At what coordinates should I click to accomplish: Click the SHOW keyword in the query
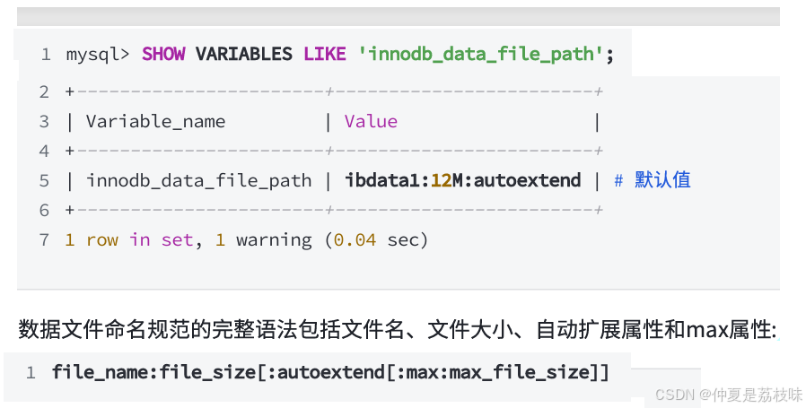(x=163, y=55)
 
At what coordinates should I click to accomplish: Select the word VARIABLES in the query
(x=244, y=55)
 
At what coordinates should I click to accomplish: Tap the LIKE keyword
(x=324, y=55)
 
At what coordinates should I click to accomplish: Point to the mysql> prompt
(x=98, y=55)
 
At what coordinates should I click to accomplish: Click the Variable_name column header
(x=155, y=121)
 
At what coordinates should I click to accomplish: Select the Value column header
(x=371, y=121)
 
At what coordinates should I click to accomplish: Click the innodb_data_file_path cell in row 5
(x=198, y=180)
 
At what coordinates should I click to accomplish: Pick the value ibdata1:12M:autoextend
(x=462, y=180)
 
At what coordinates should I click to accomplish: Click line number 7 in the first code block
(x=44, y=240)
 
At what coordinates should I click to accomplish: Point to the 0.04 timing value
(x=355, y=240)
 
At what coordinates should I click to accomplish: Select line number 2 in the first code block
(x=44, y=91)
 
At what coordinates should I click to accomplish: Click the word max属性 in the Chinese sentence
(x=730, y=330)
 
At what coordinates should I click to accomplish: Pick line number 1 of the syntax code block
(x=31, y=371)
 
